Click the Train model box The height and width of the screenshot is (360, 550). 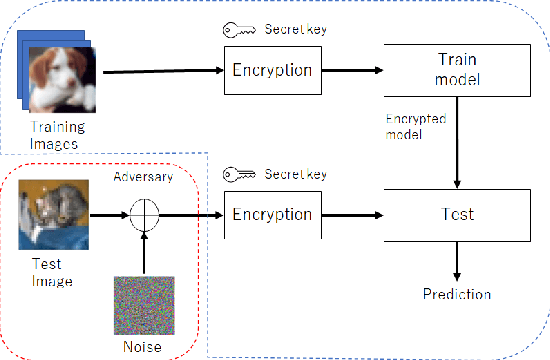(x=456, y=70)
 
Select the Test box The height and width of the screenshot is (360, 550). (x=456, y=214)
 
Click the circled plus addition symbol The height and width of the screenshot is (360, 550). (x=145, y=214)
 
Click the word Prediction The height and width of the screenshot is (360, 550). (x=456, y=294)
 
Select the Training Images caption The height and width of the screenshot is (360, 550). (x=57, y=135)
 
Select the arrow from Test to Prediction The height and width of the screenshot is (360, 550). (x=456, y=262)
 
